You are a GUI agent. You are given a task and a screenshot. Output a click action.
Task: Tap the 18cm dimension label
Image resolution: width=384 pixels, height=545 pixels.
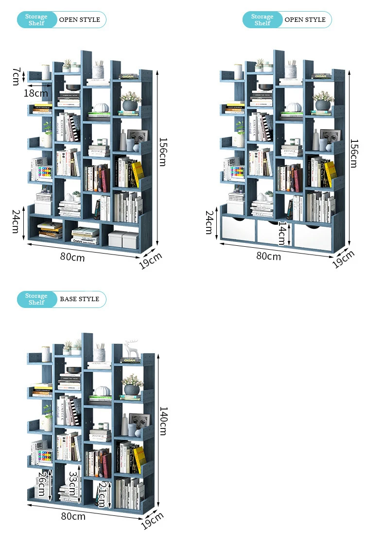point(36,93)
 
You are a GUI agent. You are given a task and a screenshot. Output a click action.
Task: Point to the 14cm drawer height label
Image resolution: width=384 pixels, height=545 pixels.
point(281,233)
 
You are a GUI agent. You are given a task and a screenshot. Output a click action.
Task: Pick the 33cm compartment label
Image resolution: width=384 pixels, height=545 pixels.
point(73,486)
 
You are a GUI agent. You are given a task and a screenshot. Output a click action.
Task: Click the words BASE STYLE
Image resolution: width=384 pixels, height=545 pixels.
point(79,299)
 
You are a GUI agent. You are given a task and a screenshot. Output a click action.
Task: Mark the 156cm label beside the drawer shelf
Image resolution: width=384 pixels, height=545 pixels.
point(354,153)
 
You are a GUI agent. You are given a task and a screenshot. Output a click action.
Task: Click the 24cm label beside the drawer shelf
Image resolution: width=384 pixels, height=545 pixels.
point(209,222)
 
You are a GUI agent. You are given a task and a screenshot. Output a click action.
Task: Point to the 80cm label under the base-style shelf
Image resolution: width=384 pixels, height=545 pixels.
point(73,516)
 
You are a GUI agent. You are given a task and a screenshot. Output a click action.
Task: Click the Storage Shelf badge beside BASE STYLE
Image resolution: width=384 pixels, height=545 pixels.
point(36,299)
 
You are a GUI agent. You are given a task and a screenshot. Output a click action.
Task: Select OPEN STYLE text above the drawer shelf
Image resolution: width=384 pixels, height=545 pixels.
point(305,20)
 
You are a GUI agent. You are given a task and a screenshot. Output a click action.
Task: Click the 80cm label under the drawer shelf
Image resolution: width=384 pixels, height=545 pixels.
point(268,256)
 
